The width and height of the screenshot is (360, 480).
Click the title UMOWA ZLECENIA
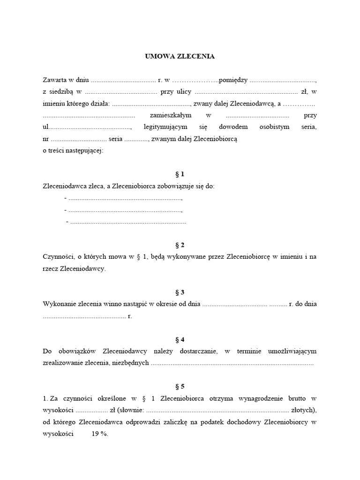pos(180,56)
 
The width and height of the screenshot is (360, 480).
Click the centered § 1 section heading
pos(180,174)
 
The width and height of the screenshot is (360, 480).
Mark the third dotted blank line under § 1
pos(127,222)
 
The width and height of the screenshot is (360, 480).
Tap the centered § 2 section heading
pos(180,245)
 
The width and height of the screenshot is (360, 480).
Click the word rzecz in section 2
pos(50,269)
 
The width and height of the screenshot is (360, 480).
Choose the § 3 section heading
pos(180,292)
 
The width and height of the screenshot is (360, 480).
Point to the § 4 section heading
pos(180,339)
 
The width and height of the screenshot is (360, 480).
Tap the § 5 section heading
pos(180,387)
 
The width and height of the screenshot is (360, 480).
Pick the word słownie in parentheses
pos(132,410)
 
